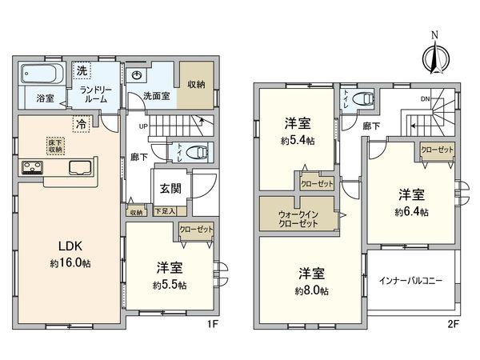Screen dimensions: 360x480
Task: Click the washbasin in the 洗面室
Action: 137,75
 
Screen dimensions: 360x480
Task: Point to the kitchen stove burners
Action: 33,168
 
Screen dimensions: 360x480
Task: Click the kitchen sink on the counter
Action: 82,167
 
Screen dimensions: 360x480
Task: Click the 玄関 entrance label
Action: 167,188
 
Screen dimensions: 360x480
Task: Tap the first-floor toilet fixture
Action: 198,151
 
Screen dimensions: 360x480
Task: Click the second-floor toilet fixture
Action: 364,100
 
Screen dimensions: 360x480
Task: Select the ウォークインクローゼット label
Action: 298,218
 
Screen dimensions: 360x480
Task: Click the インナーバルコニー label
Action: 413,280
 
